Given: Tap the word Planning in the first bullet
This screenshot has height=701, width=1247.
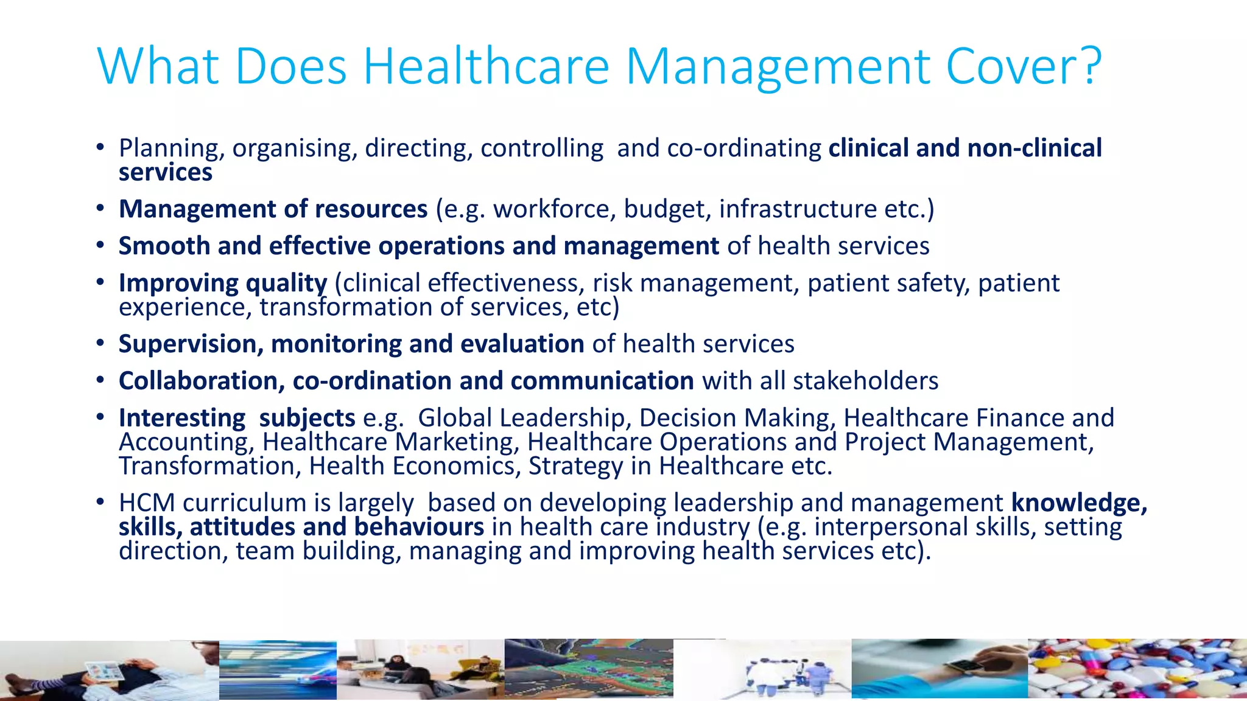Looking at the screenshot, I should (x=171, y=148).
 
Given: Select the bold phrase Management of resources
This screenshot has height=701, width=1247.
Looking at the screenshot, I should (x=273, y=209).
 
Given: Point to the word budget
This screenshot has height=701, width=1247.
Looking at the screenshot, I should (x=667, y=209).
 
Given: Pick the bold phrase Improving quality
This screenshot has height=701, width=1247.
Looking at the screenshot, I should (x=223, y=283).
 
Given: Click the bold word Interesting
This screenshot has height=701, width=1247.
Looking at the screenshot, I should (x=182, y=418).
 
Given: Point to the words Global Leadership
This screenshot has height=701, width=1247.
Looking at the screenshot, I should (x=521, y=418).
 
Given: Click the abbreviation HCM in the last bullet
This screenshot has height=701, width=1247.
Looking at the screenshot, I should (x=147, y=503).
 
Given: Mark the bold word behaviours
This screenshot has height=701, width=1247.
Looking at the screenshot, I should (x=419, y=527).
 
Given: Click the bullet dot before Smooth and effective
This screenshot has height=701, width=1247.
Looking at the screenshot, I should (x=100, y=246).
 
